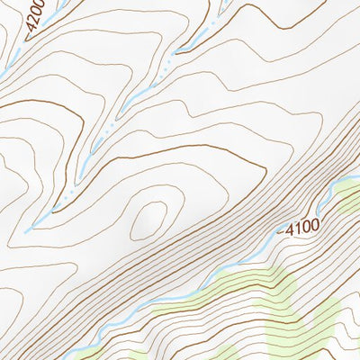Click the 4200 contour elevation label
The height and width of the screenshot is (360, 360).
point(33,18)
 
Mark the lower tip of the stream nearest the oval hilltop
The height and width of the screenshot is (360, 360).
point(28,230)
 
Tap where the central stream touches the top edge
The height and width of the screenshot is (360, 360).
point(219,3)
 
